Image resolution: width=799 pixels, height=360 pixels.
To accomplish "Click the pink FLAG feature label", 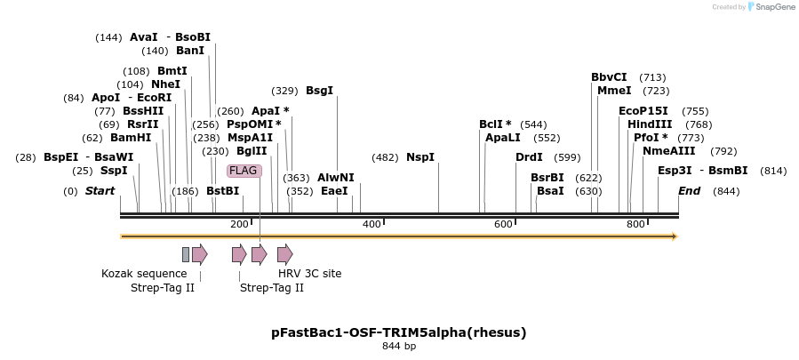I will (244, 171).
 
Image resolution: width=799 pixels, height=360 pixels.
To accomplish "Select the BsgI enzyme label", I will (319, 91).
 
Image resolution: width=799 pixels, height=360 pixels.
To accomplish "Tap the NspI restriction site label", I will (420, 157).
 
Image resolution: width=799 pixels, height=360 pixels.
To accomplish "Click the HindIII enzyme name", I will (650, 124).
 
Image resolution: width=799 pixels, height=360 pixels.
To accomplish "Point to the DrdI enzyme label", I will (529, 157).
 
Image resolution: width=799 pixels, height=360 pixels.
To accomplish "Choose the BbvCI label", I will (609, 77).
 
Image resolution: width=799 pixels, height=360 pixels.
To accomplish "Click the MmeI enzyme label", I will (614, 91).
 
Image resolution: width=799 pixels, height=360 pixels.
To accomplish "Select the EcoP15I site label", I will (643, 111).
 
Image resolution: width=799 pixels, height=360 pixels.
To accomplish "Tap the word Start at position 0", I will (100, 191).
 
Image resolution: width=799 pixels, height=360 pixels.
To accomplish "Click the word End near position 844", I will (689, 191).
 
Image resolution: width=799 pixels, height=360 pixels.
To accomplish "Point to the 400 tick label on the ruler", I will (372, 224).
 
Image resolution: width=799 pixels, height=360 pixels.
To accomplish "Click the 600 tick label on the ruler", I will (503, 224).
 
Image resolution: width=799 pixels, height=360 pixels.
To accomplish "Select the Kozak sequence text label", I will (144, 274).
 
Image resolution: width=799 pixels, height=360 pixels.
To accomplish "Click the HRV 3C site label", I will (309, 274).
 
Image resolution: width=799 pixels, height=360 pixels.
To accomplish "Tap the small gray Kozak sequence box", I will (186, 255).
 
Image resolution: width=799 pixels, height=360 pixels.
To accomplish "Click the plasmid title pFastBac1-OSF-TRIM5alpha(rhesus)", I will (399, 332).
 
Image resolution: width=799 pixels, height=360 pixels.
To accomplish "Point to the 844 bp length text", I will (399, 347).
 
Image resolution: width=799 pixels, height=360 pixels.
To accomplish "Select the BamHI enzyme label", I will (131, 138).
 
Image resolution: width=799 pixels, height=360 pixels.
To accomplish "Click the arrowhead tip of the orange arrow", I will (676, 236).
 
